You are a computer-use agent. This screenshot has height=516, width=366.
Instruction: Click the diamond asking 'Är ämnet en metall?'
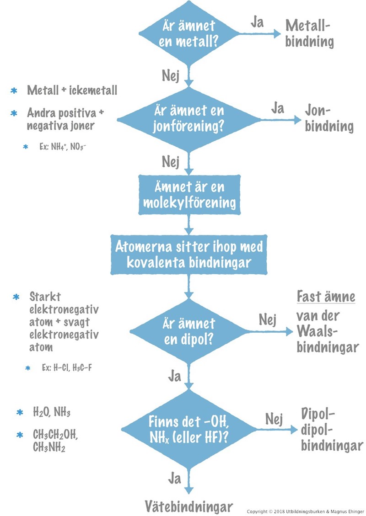188,33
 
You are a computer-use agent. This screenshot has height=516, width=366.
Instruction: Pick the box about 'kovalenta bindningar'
188,254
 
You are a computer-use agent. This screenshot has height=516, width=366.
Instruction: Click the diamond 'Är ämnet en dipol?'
188,331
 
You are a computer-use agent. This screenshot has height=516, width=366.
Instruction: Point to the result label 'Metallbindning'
309,34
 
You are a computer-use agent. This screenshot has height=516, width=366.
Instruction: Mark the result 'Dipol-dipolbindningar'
331,430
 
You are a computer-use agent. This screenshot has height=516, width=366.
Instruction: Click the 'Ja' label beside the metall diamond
257,22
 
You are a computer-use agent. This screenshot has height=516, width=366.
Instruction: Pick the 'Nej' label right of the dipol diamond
267,319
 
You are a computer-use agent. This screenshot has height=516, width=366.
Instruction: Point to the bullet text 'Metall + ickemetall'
72,90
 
